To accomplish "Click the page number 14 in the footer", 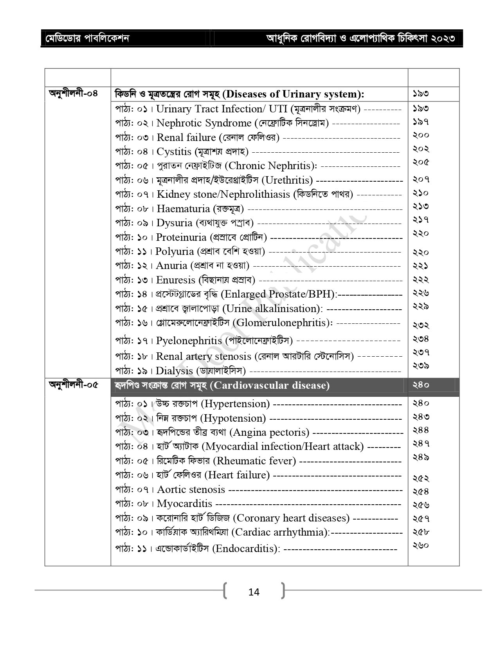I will click(254, 592).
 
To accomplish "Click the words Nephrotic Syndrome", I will click(204, 123).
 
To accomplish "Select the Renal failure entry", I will click(186, 138).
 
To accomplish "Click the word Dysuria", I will click(175, 223).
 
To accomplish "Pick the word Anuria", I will click(172, 266).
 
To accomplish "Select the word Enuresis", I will click(176, 280).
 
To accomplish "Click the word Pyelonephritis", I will click(189, 341).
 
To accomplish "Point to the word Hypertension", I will click(237, 404).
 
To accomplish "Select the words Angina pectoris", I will click(269, 433).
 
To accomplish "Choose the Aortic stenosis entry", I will click(191, 490).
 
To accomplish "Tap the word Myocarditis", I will click(184, 504).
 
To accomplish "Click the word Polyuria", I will click(175, 252).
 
